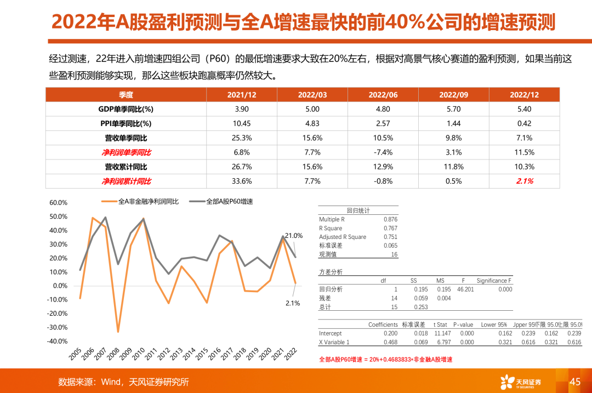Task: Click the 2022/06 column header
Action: point(383,95)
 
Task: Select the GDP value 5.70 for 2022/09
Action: point(453,109)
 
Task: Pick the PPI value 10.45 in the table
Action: point(242,123)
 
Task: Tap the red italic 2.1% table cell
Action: point(525,181)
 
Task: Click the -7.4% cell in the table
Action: point(383,152)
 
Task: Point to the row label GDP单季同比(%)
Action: point(126,109)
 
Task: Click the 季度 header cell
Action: point(126,95)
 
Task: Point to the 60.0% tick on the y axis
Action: point(58,202)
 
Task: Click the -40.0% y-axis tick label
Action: point(58,341)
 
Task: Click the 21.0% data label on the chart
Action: point(294,236)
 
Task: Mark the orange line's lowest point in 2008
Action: point(118,332)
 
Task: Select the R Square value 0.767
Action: point(390,228)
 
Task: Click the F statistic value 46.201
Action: point(465,289)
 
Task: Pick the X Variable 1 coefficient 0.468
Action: point(390,342)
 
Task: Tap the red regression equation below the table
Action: point(386,360)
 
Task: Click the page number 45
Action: point(575,381)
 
